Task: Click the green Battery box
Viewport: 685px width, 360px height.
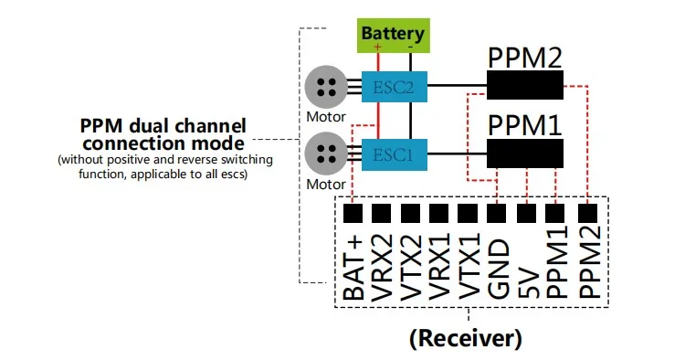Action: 393,35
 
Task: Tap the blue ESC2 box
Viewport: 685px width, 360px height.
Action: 393,88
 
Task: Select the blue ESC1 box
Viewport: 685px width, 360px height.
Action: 393,154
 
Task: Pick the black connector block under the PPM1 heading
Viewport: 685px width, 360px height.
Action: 523,152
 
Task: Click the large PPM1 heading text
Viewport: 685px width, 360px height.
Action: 523,123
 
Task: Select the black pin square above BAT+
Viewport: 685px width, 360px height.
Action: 353,213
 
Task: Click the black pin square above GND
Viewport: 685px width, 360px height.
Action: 498,213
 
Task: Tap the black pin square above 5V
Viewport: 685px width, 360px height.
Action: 526,213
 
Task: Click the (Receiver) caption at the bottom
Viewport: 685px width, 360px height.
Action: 466,337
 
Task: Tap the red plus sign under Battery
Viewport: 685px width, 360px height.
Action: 378,47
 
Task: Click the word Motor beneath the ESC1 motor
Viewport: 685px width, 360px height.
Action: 325,184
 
